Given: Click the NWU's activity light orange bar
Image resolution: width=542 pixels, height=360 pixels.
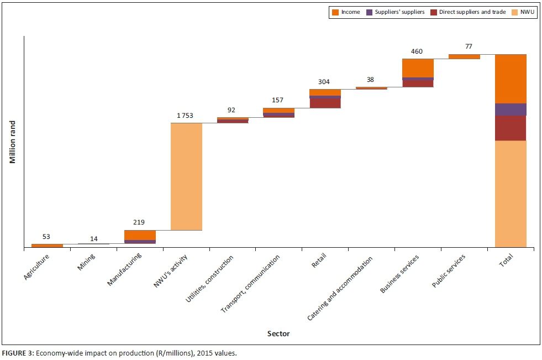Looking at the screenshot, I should click(186, 176).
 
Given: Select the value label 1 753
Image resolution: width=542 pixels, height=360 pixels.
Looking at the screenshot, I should click(186, 115).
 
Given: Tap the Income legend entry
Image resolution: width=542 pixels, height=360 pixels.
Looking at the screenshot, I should click(346, 12).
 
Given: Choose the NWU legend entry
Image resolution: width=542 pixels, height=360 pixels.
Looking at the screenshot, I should click(525, 12).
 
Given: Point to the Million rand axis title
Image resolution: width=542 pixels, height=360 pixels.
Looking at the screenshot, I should click(12, 142).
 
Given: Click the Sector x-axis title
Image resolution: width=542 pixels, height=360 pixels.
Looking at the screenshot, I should click(278, 333).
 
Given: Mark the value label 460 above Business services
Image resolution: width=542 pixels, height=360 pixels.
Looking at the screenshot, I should click(417, 51).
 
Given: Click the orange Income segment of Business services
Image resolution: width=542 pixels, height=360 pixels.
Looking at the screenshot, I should click(418, 68).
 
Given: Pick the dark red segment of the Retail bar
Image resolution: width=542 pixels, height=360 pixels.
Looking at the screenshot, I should click(325, 103).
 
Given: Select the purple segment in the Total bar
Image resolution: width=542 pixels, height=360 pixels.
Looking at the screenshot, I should click(511, 109).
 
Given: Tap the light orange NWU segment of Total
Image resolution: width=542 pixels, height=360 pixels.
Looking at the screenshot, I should click(511, 194).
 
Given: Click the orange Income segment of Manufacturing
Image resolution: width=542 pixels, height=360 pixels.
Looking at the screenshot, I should click(140, 235).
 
